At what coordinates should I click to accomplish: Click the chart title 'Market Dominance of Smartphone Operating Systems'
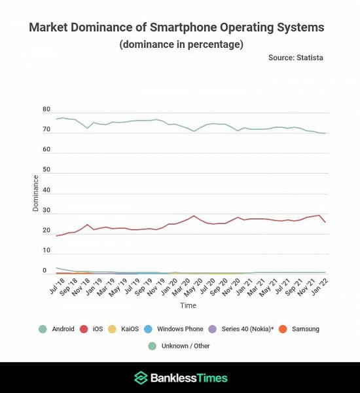tap(177, 28)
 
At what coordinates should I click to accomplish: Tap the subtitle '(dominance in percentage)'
tap(181, 45)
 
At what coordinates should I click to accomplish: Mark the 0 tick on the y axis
tap(45, 271)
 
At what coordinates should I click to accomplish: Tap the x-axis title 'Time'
tap(188, 305)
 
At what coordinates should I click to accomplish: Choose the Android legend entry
tap(58, 329)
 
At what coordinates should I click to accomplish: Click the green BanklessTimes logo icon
tap(140, 378)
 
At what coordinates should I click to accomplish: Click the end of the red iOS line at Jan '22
tap(325, 222)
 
